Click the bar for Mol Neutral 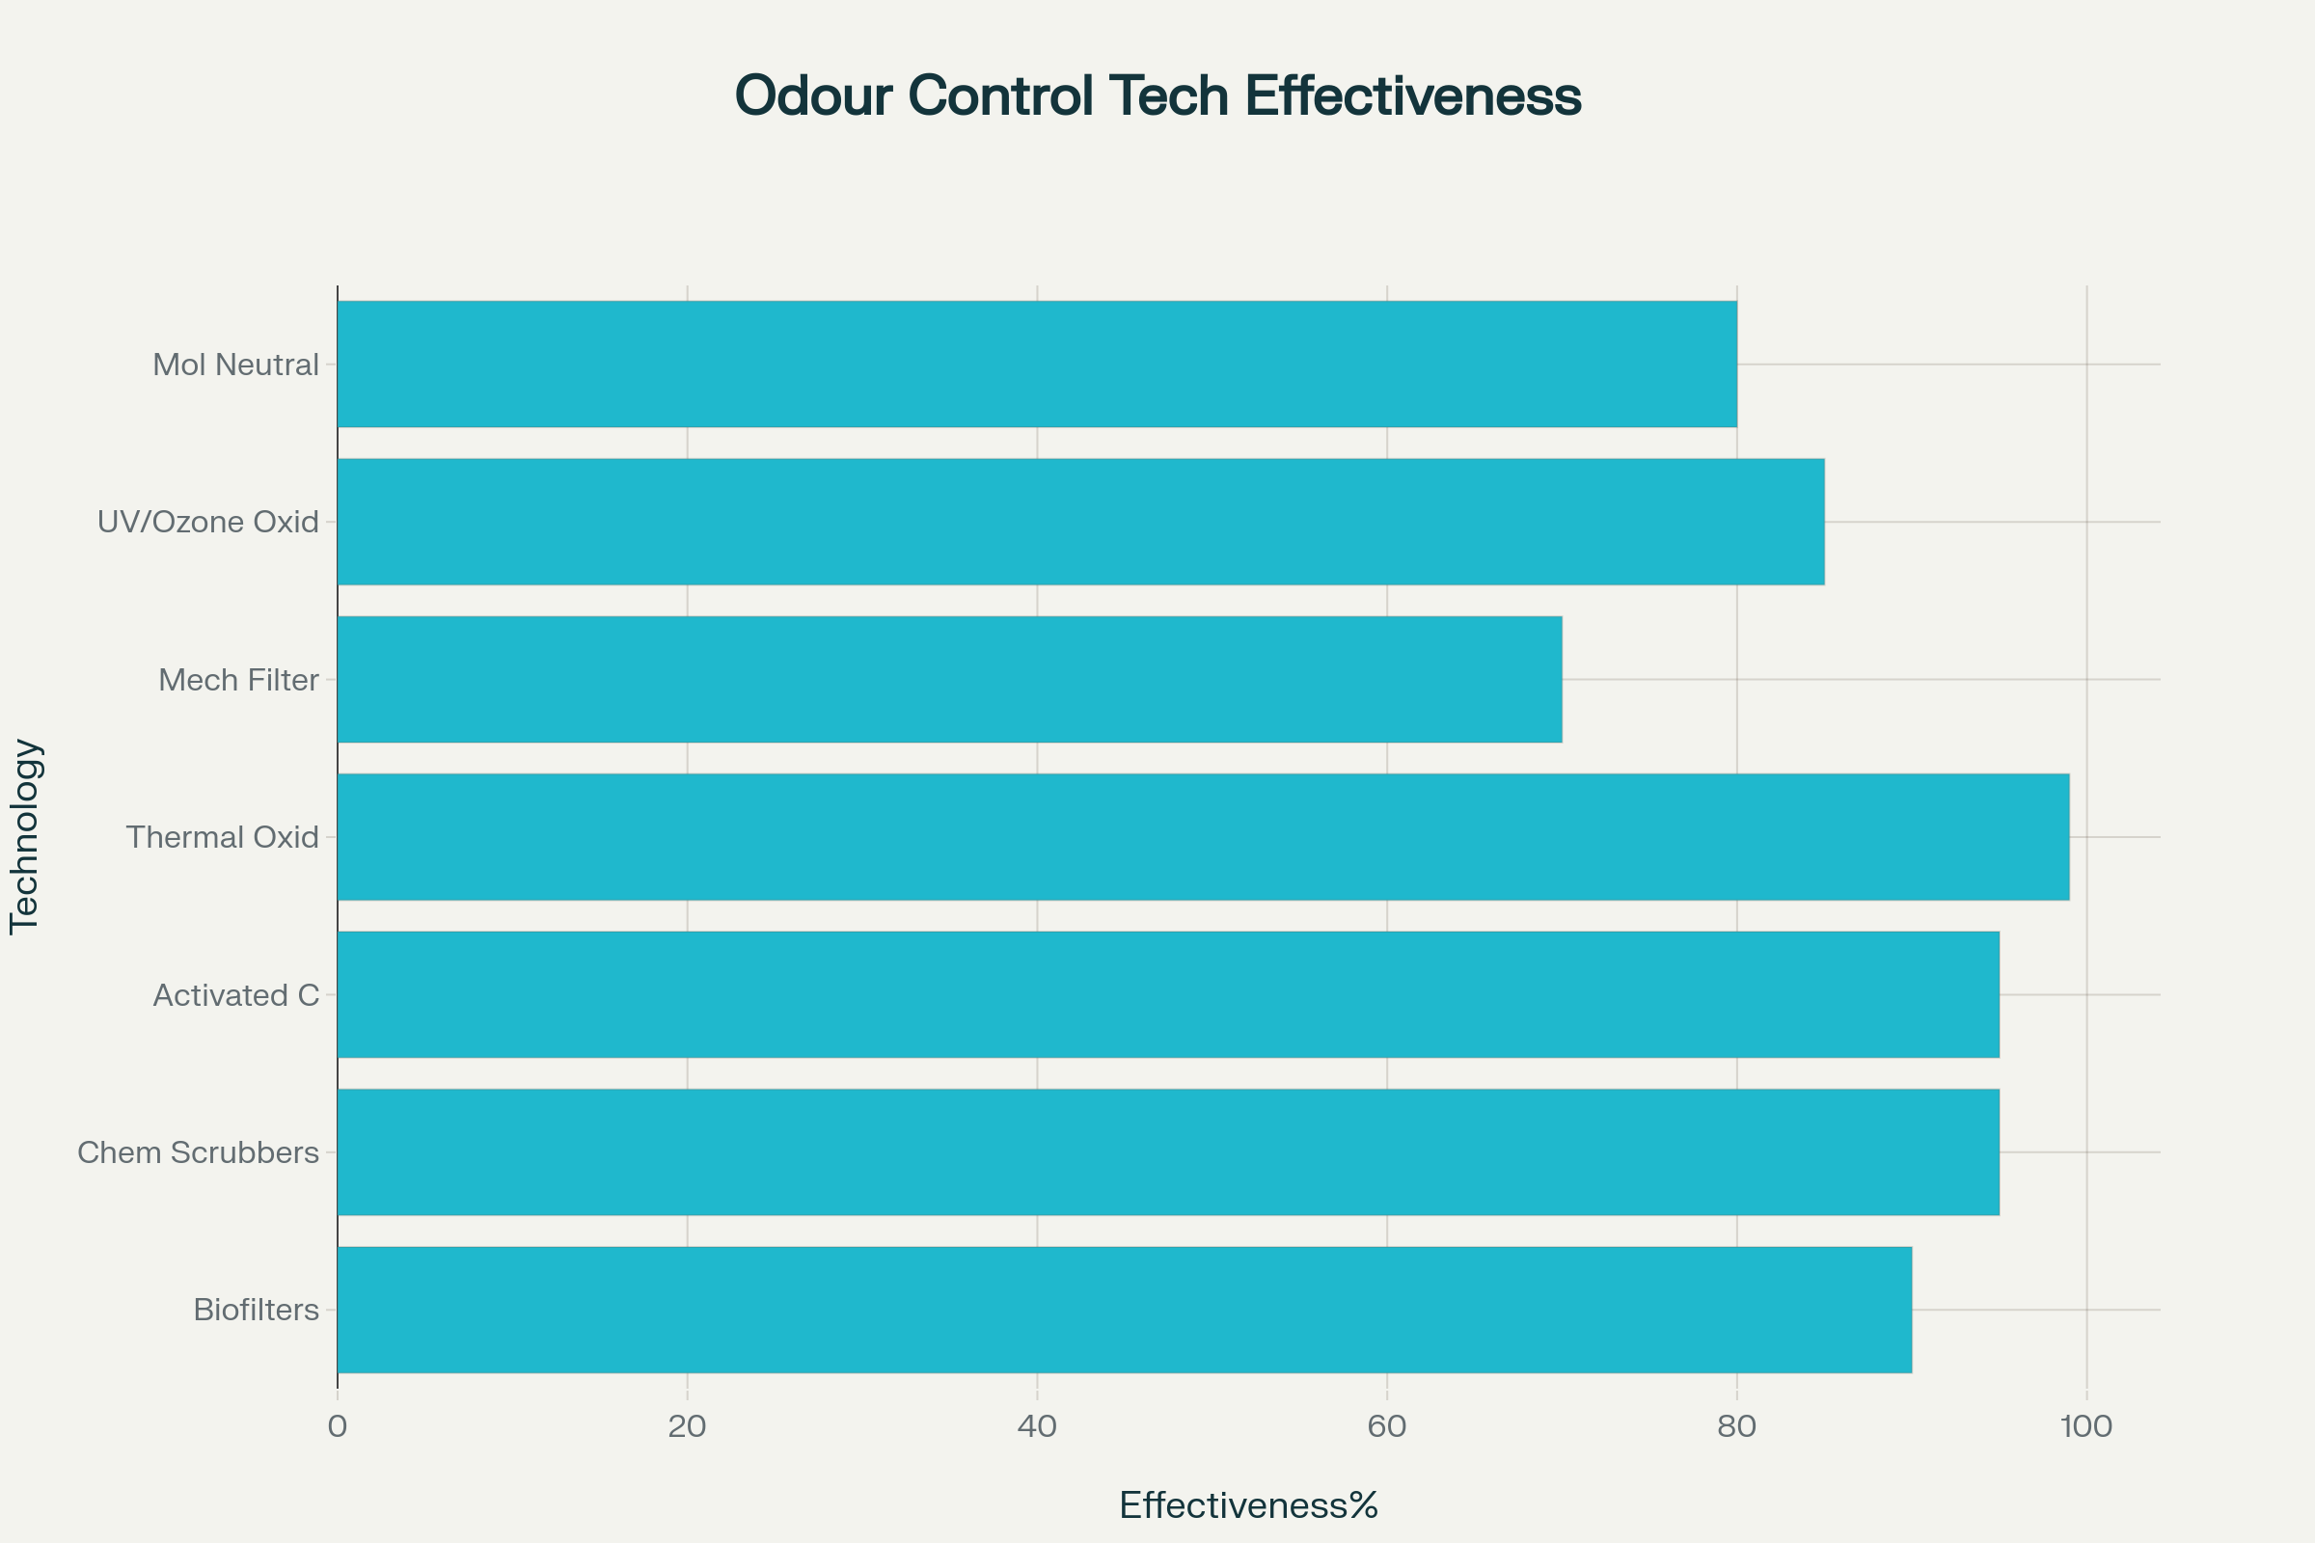coord(1036,365)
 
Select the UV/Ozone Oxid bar coord(1080,522)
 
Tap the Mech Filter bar coord(949,679)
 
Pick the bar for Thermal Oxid coord(1203,836)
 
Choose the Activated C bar coord(1168,995)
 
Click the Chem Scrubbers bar coord(1168,1152)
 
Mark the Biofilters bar coord(1124,1310)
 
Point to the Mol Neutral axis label coord(235,365)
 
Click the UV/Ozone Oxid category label coord(207,522)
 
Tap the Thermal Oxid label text coord(223,837)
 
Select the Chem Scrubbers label coord(198,1152)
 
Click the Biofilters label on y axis coord(256,1310)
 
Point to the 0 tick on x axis coord(338,1426)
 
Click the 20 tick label coord(687,1426)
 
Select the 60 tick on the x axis coord(1387,1426)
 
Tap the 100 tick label coord(2085,1426)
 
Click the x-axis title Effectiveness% coord(1248,1504)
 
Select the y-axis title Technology coord(25,836)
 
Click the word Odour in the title coord(813,95)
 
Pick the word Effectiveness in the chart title coord(1412,95)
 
